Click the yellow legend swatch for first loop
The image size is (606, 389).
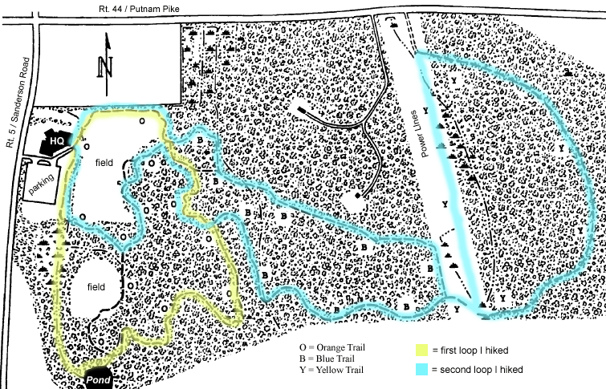pos(419,350)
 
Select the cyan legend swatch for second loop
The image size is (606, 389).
pos(419,369)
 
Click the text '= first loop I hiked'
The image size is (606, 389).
pos(474,351)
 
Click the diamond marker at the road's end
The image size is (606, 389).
pos(356,195)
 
